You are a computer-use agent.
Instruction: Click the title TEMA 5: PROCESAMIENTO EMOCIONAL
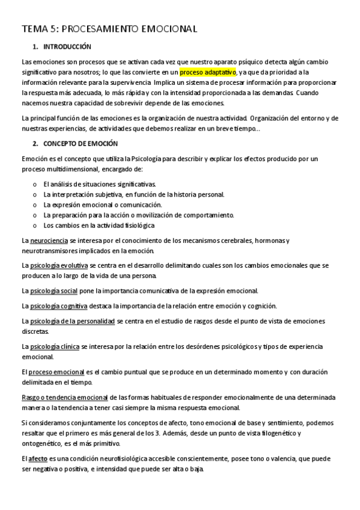109,28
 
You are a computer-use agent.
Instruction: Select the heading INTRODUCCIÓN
67,46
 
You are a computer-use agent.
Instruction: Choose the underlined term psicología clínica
55,347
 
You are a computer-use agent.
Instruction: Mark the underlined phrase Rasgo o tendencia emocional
64,398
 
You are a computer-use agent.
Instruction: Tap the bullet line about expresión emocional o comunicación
103,204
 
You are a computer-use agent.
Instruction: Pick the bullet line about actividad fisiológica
99,226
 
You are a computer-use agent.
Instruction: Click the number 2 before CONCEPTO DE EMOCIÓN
35,144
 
